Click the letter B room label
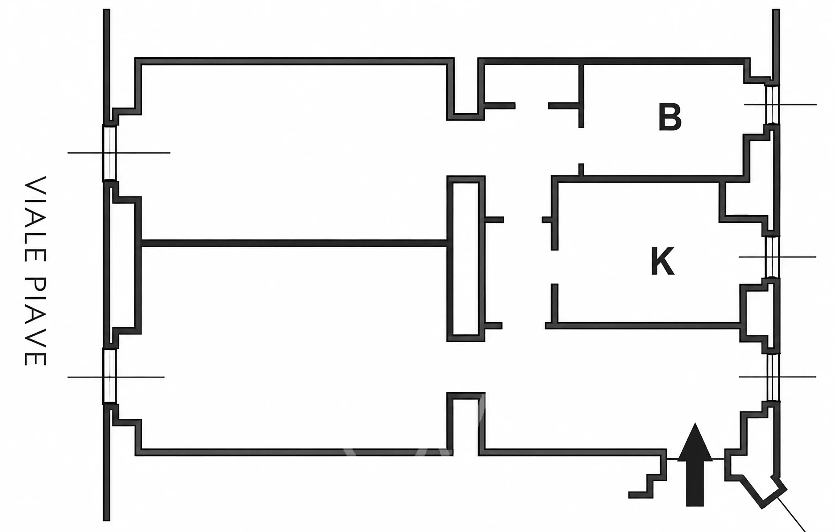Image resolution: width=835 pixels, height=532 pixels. pos(670,117)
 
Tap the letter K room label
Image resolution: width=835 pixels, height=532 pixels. pos(663,261)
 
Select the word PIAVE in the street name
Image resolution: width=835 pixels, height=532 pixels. pos(35,322)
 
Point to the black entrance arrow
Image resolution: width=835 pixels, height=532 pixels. pos(695,464)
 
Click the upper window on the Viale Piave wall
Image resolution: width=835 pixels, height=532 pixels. pos(110,153)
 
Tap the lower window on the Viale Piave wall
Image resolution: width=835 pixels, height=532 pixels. pos(110,376)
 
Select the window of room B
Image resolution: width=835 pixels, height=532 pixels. pos(772,104)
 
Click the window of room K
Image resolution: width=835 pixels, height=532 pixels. pos(772,257)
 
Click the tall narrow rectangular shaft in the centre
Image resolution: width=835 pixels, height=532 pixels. pos(466,259)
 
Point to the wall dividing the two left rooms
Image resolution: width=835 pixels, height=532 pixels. pos(294,243)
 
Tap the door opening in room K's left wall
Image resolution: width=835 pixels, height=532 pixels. pos(554,267)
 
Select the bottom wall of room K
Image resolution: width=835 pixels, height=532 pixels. pos(644,326)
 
